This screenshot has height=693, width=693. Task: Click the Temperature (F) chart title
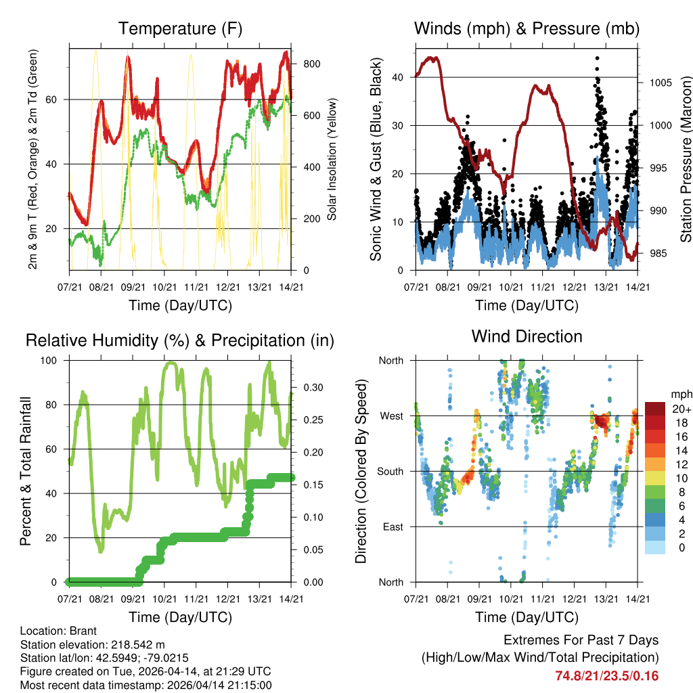pos(180,28)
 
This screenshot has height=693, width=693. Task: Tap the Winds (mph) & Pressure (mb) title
pos(527,28)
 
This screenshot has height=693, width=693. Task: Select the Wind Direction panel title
pos(527,336)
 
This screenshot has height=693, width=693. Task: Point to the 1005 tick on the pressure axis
pos(658,83)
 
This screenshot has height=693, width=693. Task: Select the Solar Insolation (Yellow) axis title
pos(332,159)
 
